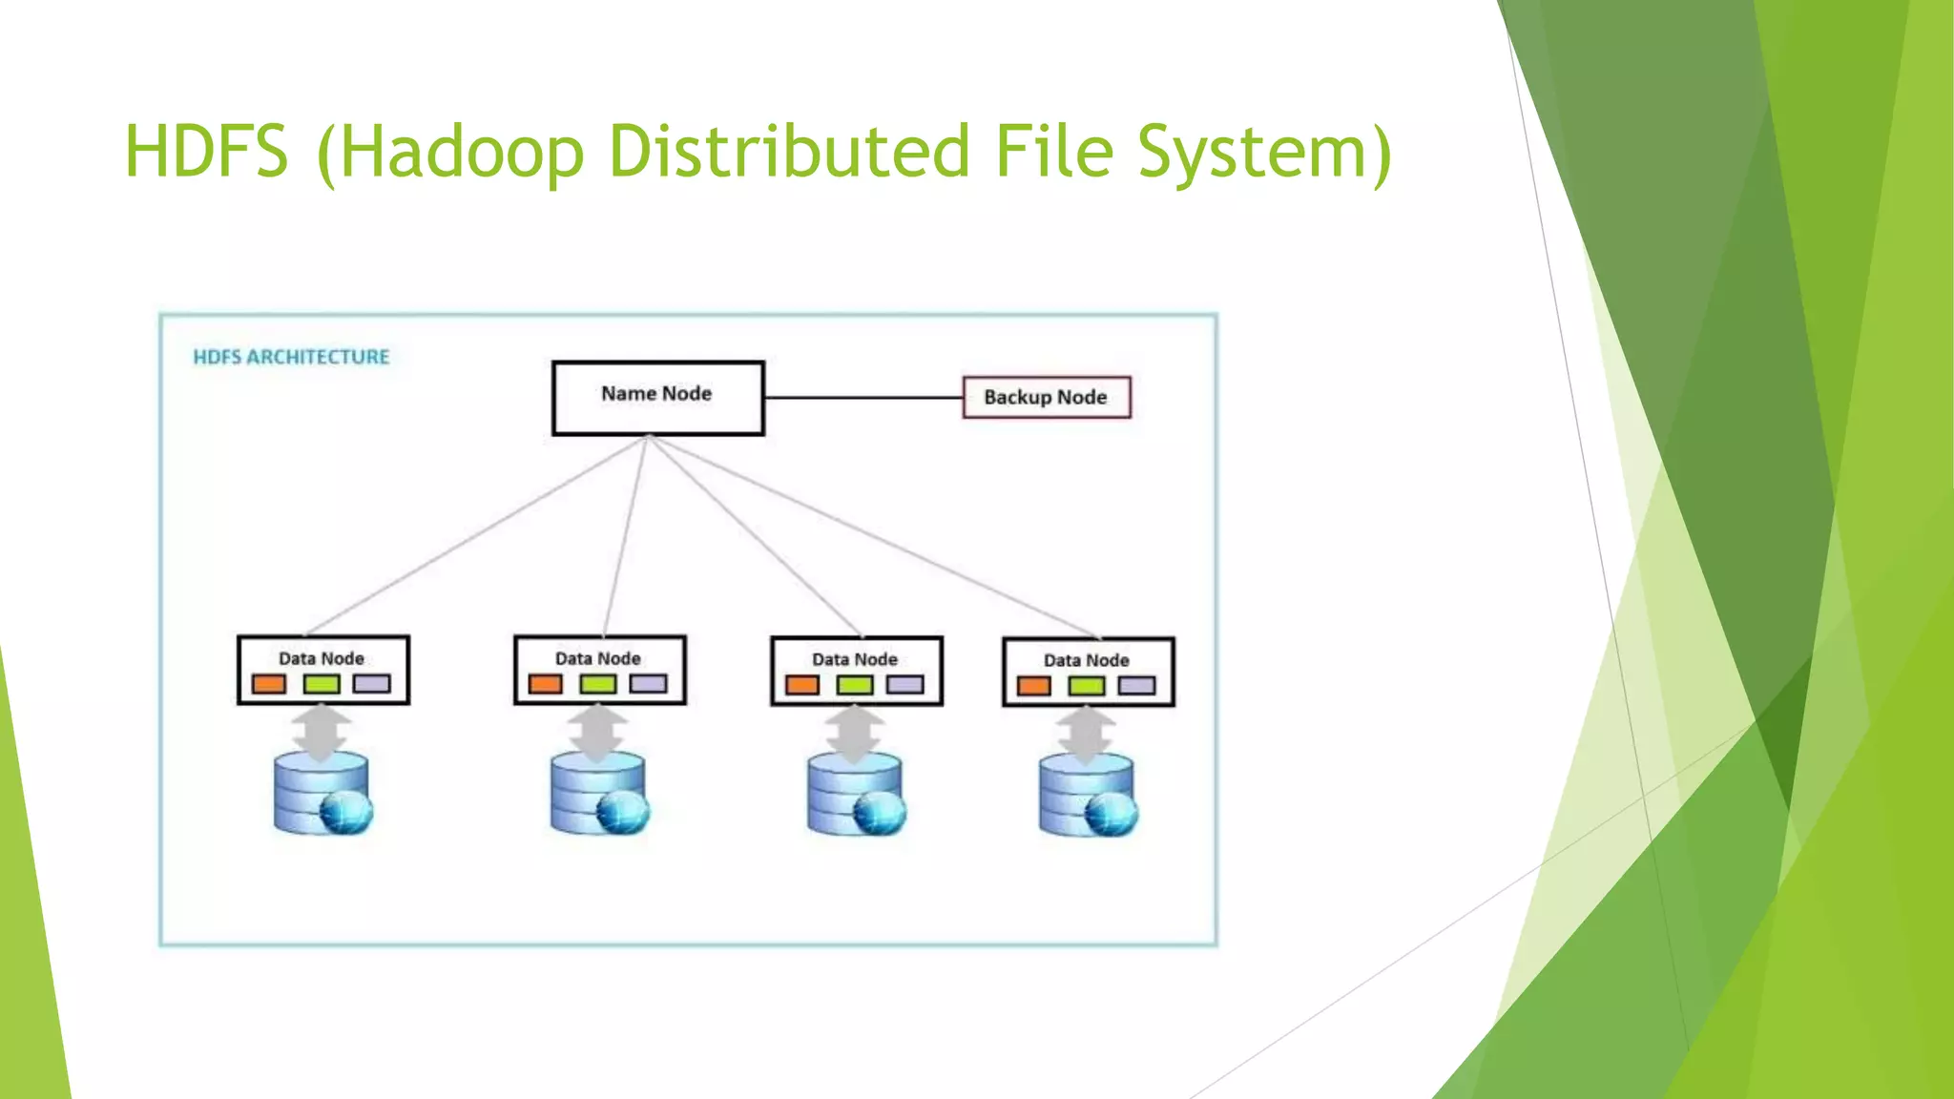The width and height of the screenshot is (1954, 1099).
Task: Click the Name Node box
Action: [x=657, y=398]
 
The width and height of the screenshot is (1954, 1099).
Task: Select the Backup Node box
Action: [x=1046, y=397]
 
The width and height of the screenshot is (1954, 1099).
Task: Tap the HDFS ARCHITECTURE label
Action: [x=291, y=357]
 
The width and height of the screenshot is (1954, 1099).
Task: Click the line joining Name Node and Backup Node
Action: [x=863, y=397]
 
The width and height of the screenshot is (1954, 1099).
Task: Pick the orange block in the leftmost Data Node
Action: [x=269, y=684]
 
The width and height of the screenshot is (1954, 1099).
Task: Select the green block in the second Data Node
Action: [x=598, y=684]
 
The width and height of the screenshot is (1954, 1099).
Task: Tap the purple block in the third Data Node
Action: [x=905, y=685]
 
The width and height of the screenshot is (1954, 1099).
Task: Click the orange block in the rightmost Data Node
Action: [x=1034, y=686]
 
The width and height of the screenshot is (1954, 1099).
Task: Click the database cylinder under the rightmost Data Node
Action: [x=1086, y=796]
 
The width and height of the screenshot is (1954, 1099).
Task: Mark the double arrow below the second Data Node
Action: [x=597, y=731]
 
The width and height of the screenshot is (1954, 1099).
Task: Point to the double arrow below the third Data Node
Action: [x=855, y=732]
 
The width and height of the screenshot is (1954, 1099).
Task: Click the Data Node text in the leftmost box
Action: [x=322, y=658]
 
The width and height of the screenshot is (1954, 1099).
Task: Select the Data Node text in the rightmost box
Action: [x=1086, y=660]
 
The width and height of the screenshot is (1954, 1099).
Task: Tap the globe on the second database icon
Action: [x=622, y=814]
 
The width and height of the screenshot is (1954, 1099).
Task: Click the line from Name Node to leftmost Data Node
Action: [x=477, y=534]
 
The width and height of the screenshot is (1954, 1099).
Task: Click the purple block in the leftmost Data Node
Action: [x=371, y=684]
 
